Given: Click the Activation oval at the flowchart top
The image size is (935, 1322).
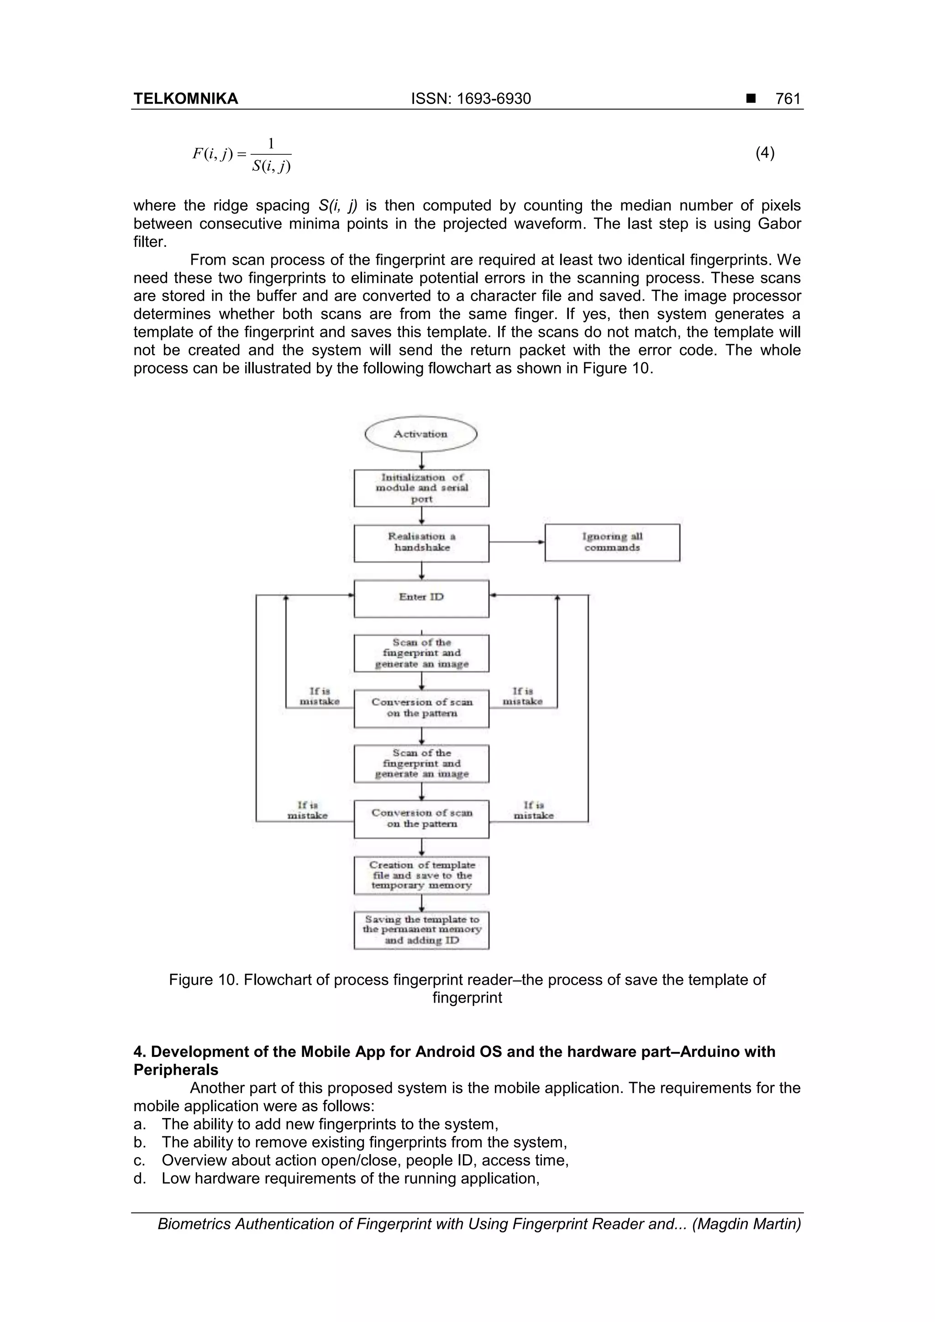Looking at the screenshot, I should click(421, 434).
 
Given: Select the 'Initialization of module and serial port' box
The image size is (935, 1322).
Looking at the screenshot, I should click(421, 488).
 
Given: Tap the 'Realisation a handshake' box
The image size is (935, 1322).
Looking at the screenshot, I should click(421, 543).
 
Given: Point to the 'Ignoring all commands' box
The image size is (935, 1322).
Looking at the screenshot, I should click(612, 543).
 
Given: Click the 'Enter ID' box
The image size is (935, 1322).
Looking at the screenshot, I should click(421, 598).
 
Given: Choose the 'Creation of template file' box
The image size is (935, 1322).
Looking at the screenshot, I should click(421, 875).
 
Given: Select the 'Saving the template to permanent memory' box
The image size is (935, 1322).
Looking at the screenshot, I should click(421, 930).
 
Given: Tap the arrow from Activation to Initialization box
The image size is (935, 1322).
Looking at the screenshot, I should click(422, 460).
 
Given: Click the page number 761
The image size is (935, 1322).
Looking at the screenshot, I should click(788, 99).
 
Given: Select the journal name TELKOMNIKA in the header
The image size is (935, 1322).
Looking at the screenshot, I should click(185, 99).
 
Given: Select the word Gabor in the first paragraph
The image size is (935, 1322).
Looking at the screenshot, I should click(779, 224).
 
